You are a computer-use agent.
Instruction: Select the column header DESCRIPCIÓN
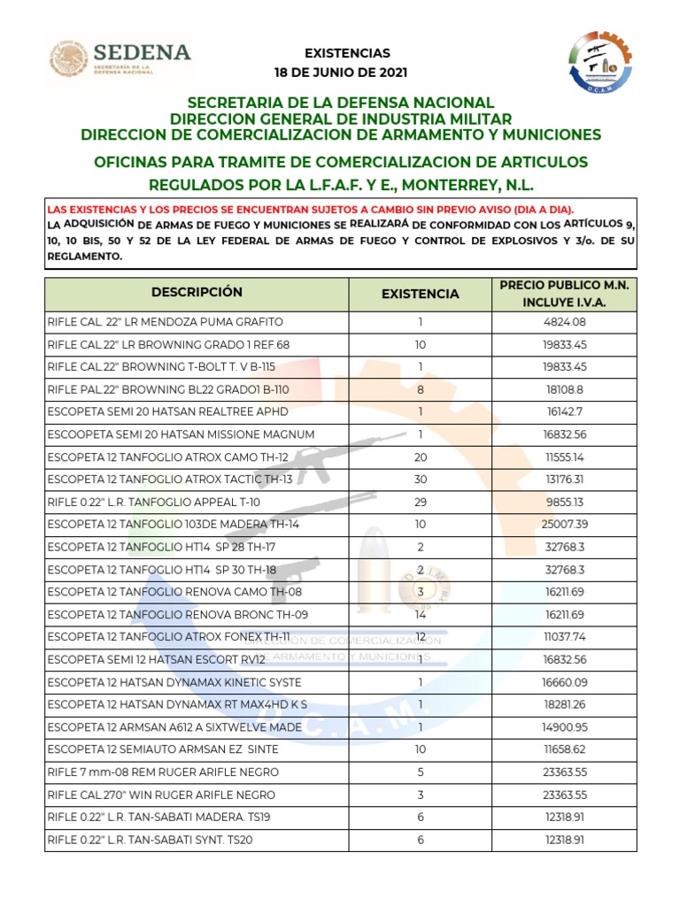(197, 292)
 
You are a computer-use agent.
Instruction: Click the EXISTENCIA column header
(421, 294)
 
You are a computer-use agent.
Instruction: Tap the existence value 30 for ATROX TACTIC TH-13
(421, 480)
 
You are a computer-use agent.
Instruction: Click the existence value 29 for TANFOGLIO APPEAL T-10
(421, 502)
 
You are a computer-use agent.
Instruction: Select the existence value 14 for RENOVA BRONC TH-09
(421, 615)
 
